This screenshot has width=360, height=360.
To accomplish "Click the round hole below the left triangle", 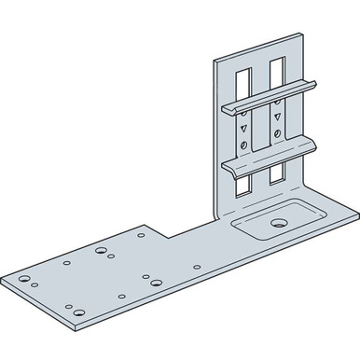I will click(x=243, y=145).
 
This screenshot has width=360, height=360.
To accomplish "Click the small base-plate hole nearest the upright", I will click(x=196, y=267).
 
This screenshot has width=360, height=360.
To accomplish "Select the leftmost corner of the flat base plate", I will click(x=3, y=277).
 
